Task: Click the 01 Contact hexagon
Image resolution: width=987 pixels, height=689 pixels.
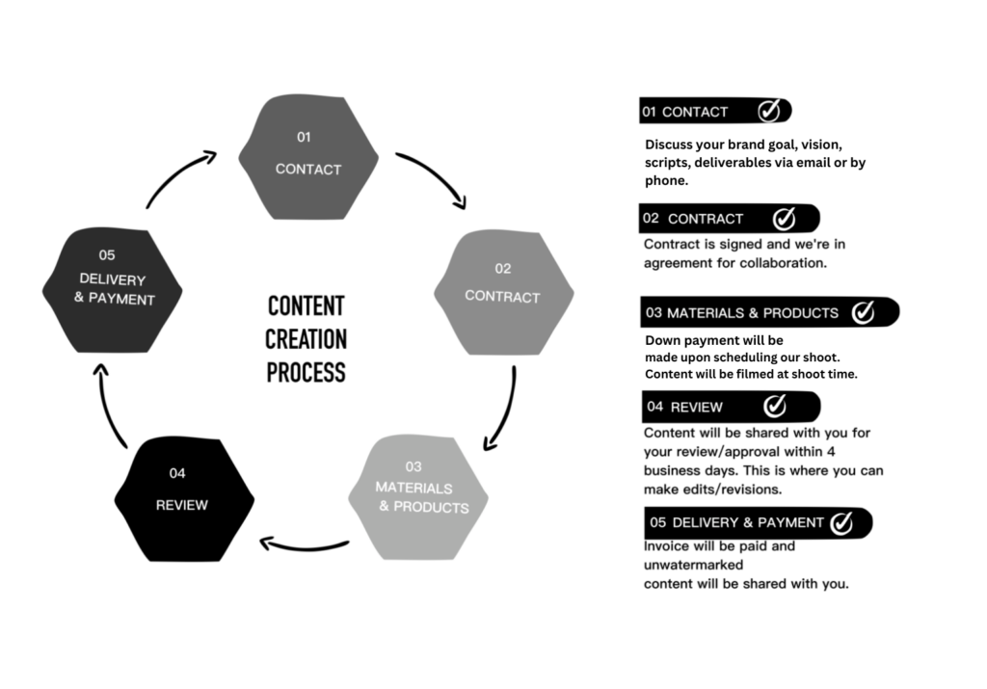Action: click(x=308, y=157)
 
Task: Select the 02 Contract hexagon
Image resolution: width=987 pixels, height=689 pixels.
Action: click(x=503, y=292)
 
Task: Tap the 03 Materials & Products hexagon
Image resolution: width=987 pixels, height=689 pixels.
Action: click(x=418, y=497)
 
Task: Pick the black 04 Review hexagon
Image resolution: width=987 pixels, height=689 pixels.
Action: click(x=184, y=499)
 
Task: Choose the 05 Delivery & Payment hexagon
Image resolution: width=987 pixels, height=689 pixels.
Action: click(x=112, y=290)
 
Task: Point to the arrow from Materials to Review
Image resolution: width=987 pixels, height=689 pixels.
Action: click(x=305, y=546)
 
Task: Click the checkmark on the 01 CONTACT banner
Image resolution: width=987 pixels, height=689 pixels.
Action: click(x=769, y=111)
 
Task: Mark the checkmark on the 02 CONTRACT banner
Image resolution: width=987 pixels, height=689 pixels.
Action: click(x=785, y=219)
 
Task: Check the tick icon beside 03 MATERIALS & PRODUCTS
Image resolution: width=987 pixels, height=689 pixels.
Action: click(x=863, y=312)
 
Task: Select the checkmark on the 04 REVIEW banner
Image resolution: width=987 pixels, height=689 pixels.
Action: click(x=775, y=406)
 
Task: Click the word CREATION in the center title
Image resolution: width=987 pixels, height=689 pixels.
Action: click(x=306, y=340)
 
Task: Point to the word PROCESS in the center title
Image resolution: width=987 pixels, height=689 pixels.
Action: click(x=306, y=373)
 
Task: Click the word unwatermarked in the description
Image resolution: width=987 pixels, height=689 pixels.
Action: click(x=693, y=565)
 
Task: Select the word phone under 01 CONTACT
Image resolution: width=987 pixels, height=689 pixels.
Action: click(x=665, y=180)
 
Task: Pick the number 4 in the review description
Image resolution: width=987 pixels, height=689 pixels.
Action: click(x=831, y=451)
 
